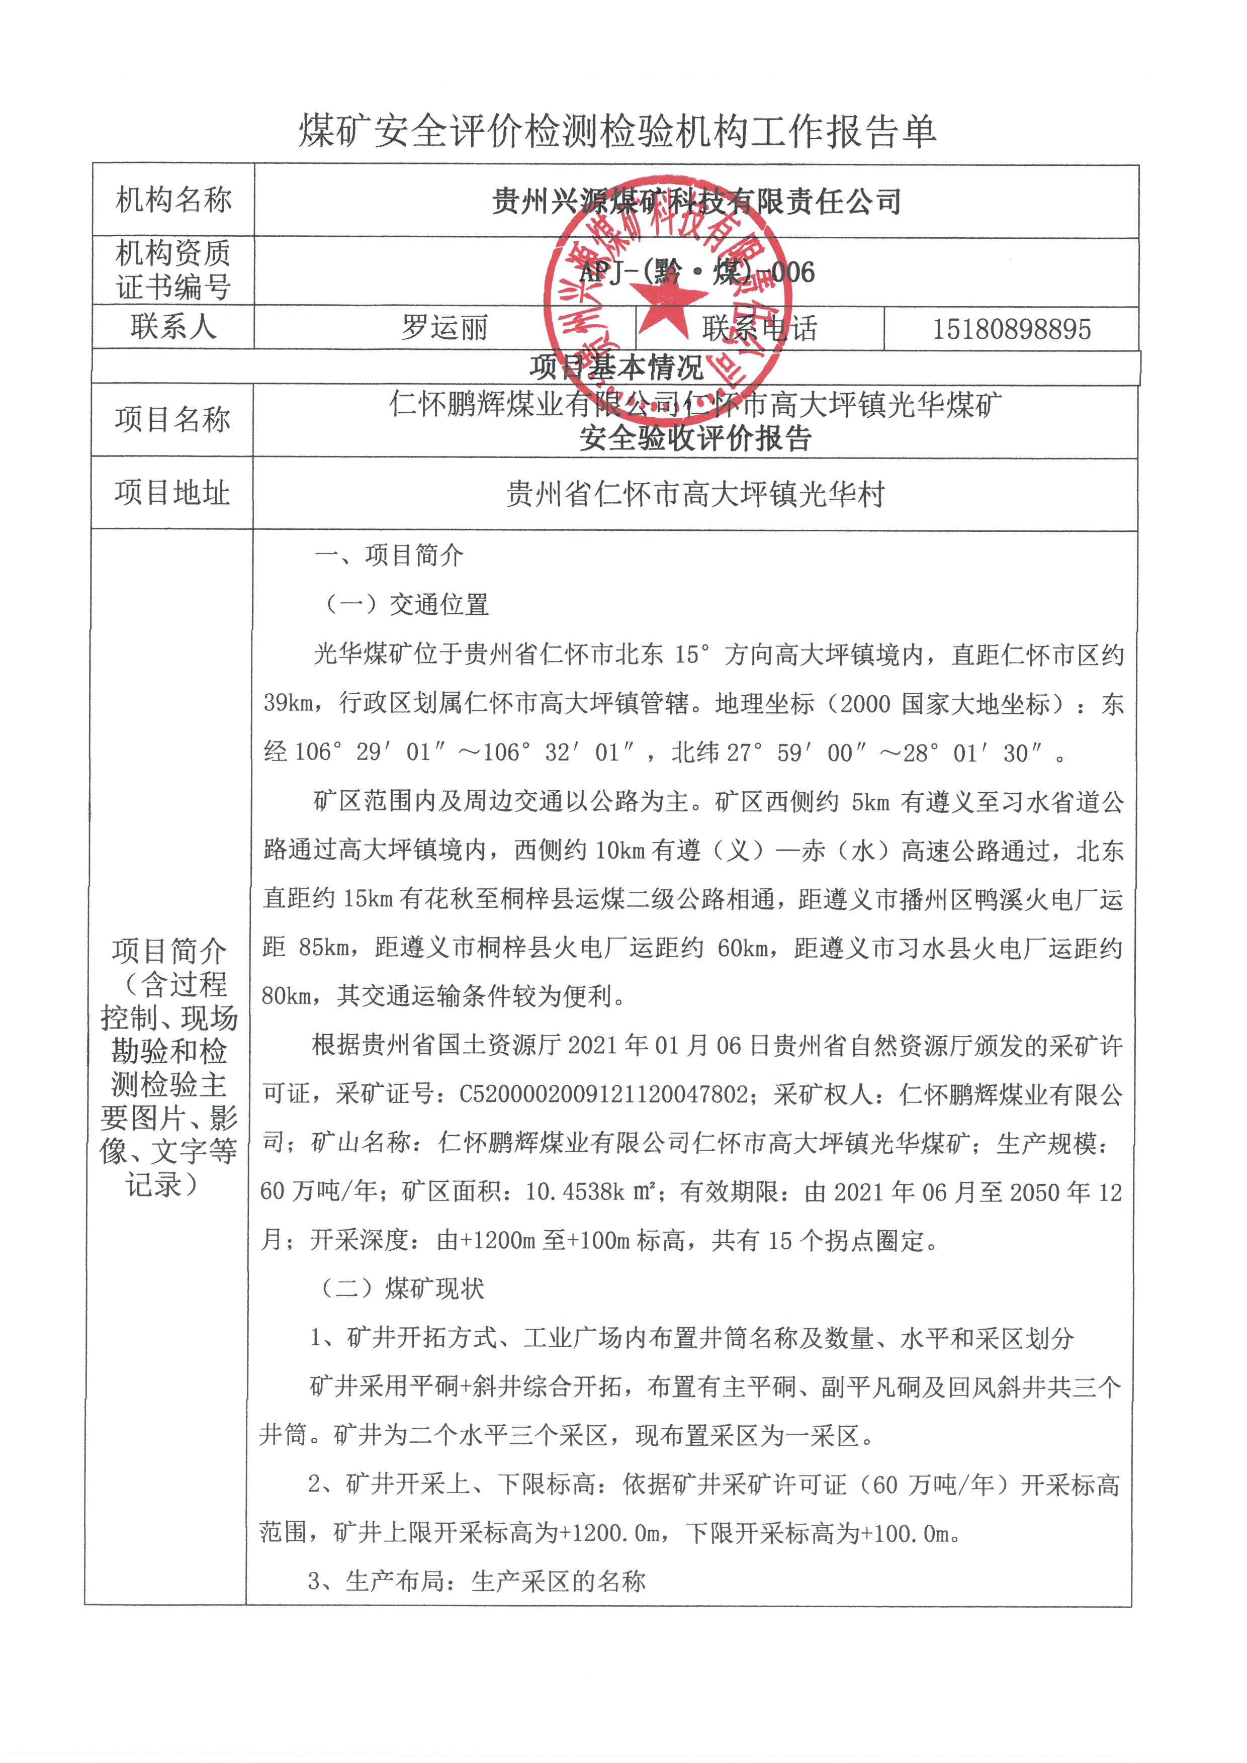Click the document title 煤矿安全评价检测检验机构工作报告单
(617, 131)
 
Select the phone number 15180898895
(1011, 329)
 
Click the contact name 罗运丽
(444, 328)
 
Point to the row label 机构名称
(173, 201)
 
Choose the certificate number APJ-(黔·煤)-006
(696, 272)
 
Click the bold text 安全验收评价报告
(695, 438)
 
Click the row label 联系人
(173, 327)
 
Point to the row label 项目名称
(173, 419)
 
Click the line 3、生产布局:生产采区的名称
(476, 1581)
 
